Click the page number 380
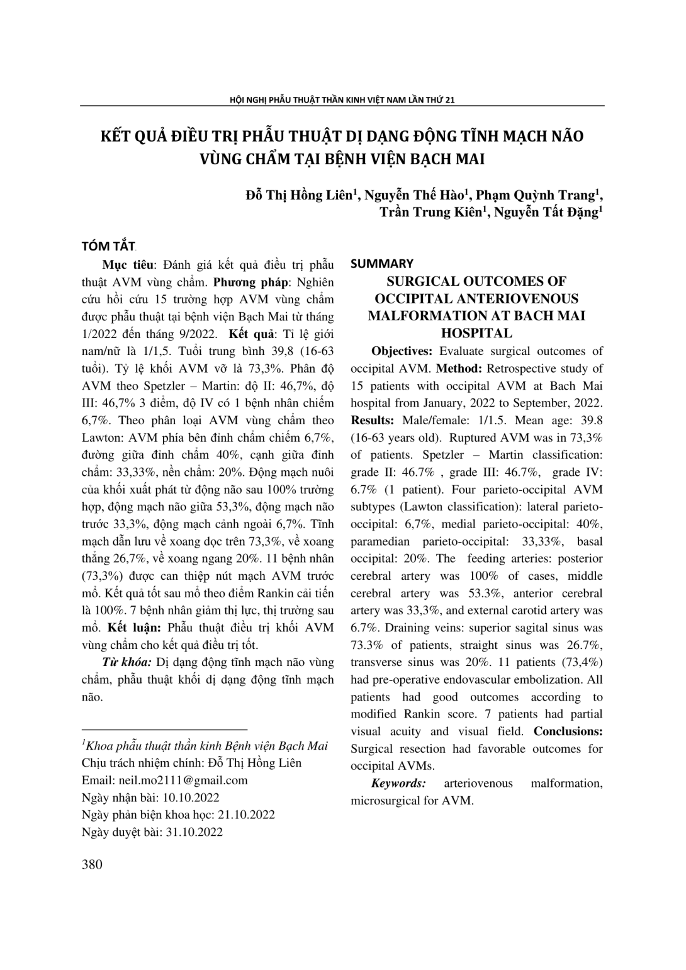tap(92, 864)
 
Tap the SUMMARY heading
tap(382, 264)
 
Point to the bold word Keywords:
tap(398, 783)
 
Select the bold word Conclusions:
tap(568, 731)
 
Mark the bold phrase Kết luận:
tap(134, 628)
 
